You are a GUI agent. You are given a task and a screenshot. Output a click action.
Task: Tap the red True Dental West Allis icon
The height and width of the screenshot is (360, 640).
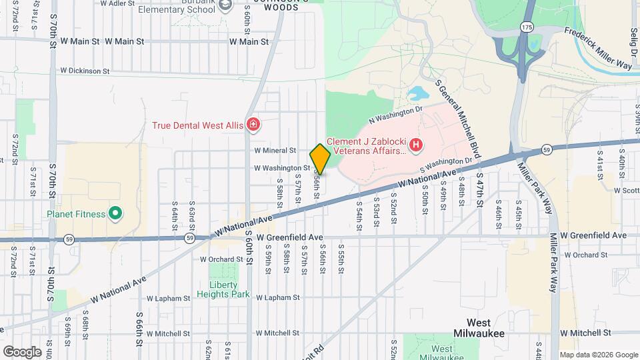pyautogui.click(x=253, y=125)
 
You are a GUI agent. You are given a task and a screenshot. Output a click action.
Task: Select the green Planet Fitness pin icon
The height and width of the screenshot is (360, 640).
pyautogui.click(x=115, y=213)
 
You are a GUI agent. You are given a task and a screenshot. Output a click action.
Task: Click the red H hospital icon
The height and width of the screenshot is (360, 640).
pyautogui.click(x=416, y=144)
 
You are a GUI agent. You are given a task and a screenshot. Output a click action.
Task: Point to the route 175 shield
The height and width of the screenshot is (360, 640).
pyautogui.click(x=527, y=27)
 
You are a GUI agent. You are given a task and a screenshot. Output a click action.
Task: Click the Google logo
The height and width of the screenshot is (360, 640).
pyautogui.click(x=22, y=351)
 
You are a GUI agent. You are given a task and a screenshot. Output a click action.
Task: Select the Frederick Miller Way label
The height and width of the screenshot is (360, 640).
pyautogui.click(x=598, y=48)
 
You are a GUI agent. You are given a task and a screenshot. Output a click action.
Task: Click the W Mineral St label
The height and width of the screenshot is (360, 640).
pyautogui.click(x=275, y=151)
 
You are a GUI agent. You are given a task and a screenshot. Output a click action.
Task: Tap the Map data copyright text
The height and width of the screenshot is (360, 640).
pyautogui.click(x=599, y=355)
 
